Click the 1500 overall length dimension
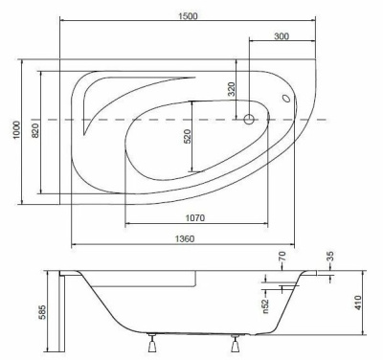pos(189,16)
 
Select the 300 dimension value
pos(282,36)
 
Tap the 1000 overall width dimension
pos(16,130)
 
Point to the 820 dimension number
pos(35,130)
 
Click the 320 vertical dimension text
pos(232,89)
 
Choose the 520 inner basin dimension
pos(188,136)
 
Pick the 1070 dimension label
pos(195,218)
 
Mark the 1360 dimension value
pos(184,238)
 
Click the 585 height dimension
pos(42,313)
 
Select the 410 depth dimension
pos(358,303)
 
